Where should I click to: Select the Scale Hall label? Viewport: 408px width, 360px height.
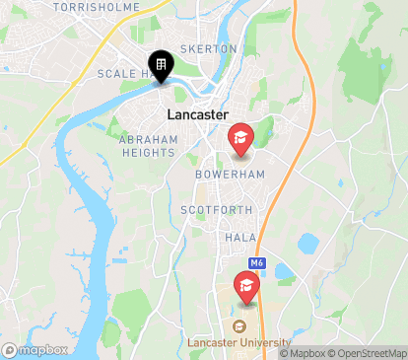[x=122, y=74]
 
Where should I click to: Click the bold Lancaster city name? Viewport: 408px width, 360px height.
[x=199, y=114]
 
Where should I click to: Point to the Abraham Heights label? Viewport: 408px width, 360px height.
[x=149, y=146]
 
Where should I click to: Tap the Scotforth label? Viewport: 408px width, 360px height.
[x=216, y=210]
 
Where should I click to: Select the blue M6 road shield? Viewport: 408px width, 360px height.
[x=256, y=263]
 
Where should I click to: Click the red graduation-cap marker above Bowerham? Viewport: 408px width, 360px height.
[x=239, y=137]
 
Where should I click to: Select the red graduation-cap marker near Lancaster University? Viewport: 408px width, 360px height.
[x=245, y=287]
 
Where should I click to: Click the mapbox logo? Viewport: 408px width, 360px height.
[x=35, y=349]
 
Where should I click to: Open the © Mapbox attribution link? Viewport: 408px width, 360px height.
[x=304, y=353]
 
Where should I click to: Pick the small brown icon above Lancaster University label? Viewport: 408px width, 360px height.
[x=238, y=326]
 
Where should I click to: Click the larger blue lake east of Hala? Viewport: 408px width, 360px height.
[x=308, y=243]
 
